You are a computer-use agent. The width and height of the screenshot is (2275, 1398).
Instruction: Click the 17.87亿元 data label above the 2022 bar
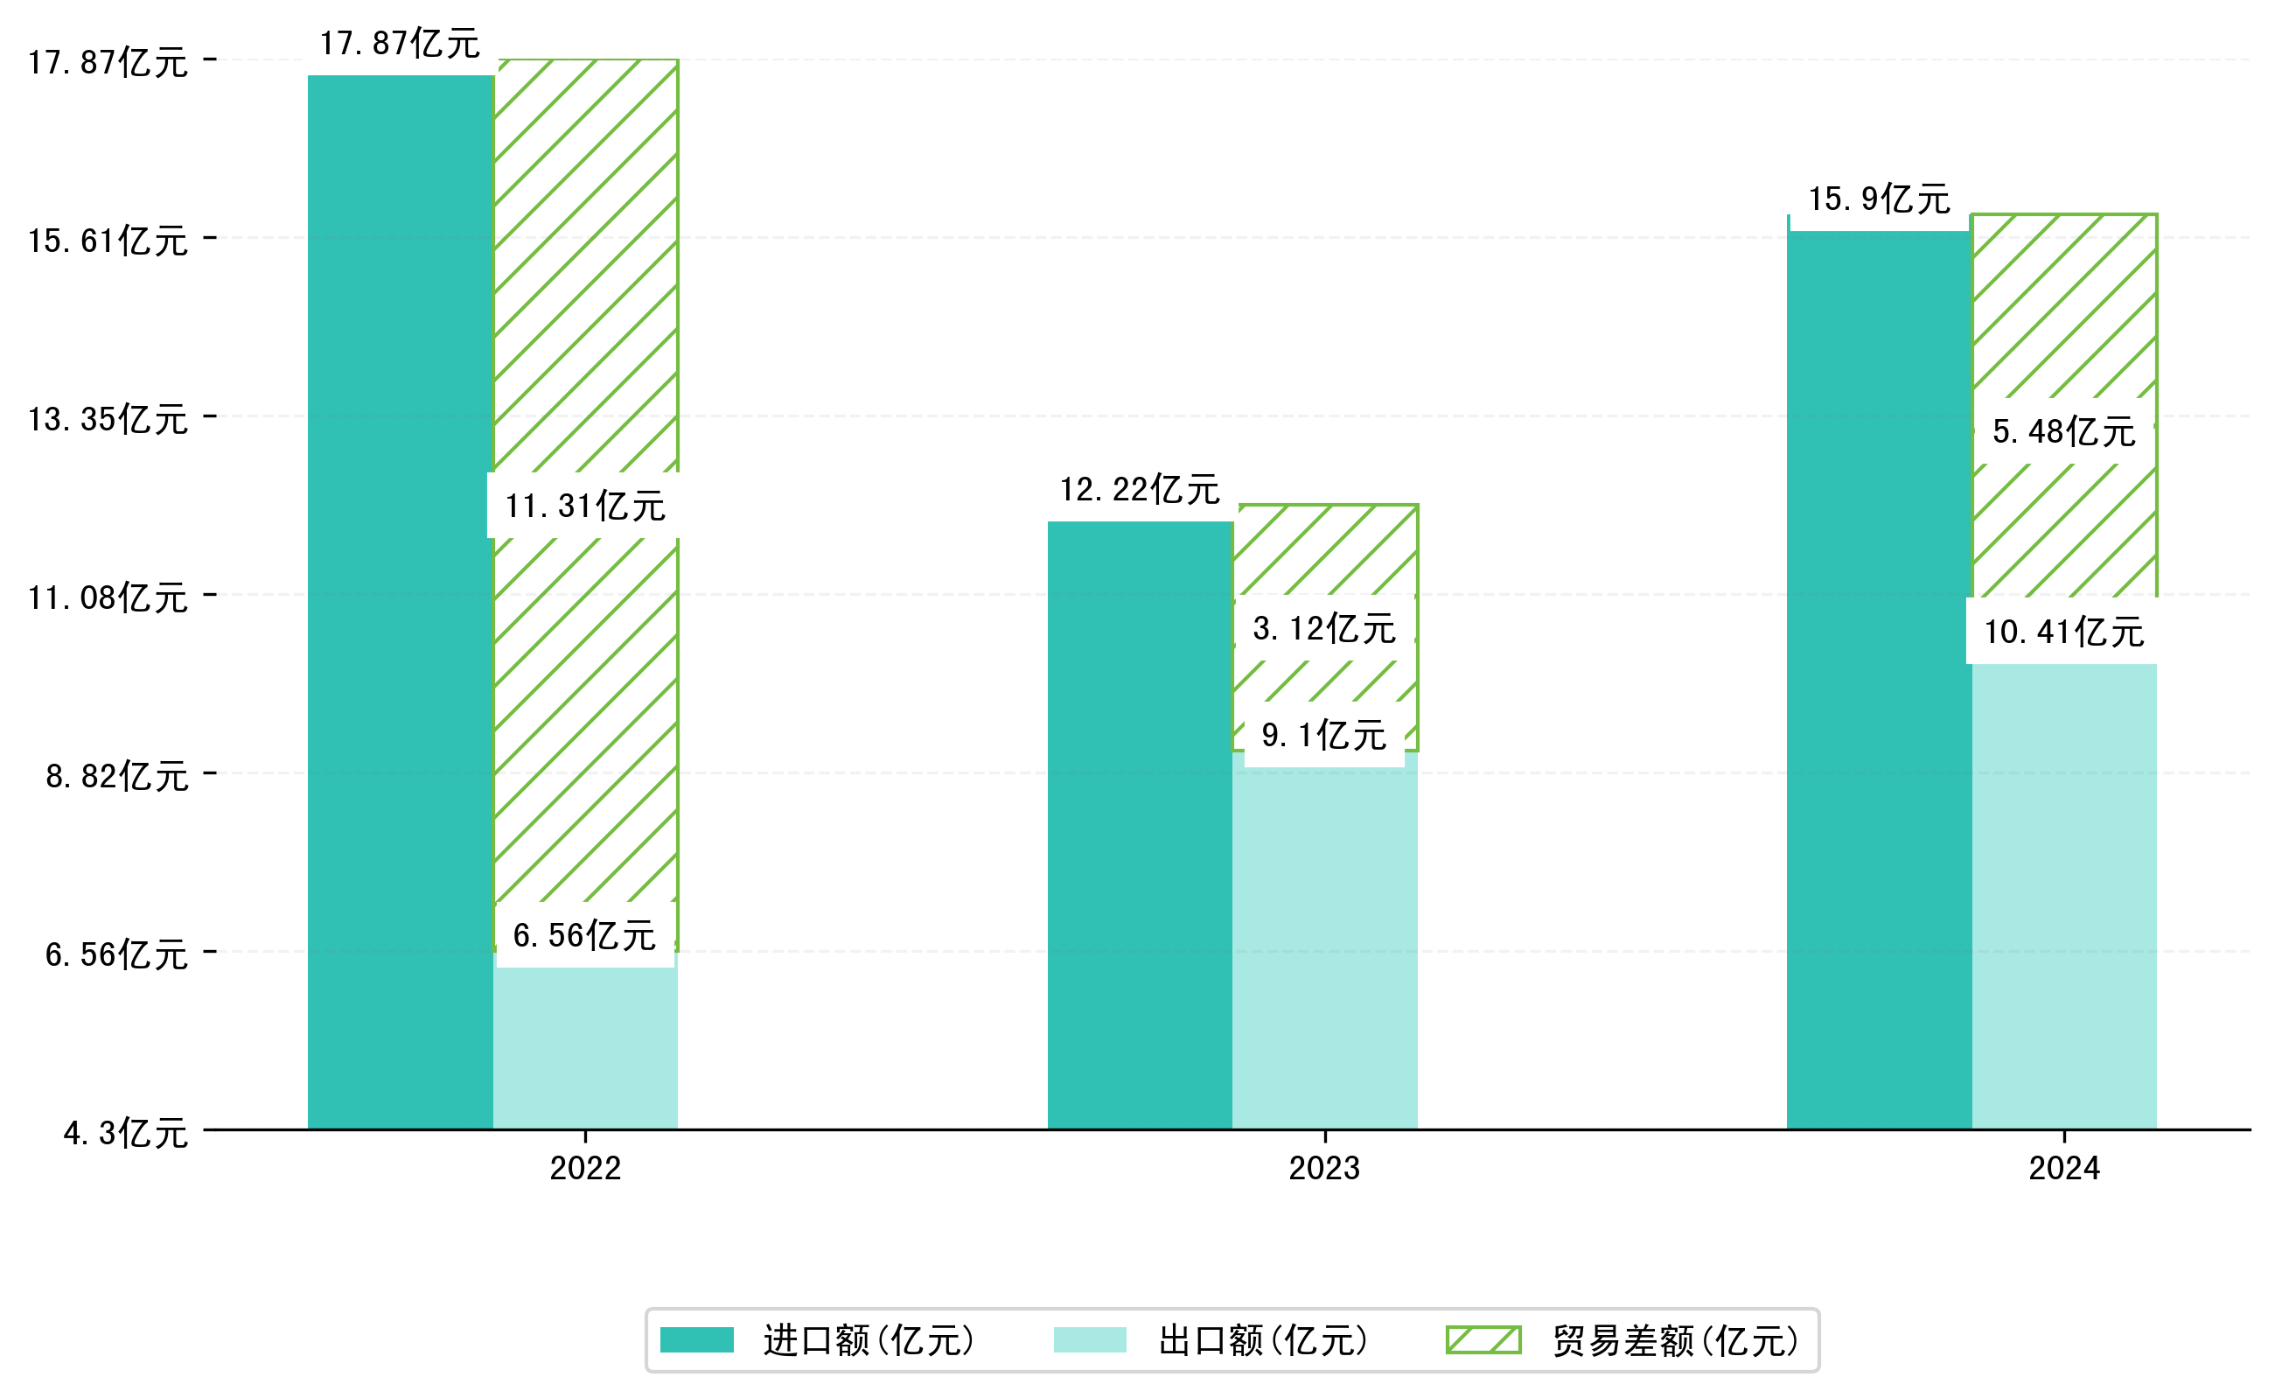tap(400, 44)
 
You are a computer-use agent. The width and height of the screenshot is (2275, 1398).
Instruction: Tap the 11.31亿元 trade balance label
tap(584, 506)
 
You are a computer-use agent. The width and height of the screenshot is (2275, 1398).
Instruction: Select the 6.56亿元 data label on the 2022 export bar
tap(584, 935)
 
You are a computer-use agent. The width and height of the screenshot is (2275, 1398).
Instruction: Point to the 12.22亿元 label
tap(1139, 489)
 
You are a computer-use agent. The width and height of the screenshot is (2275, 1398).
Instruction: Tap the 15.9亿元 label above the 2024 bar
tap(1879, 199)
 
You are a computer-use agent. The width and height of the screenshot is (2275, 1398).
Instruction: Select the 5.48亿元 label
tap(2063, 431)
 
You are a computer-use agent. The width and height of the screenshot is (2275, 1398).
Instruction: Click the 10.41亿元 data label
tap(2063, 632)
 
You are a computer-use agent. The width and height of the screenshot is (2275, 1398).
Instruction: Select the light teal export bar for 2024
tap(2063, 897)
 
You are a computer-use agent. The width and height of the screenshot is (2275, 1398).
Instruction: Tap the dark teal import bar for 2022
tap(400, 601)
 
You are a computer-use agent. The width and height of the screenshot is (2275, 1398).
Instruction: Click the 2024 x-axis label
tap(2063, 1169)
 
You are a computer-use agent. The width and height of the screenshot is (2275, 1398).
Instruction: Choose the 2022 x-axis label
tap(584, 1169)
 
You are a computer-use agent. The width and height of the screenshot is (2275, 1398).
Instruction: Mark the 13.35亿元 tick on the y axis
tap(108, 420)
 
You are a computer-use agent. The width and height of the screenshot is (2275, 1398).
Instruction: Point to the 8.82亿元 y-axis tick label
tap(117, 777)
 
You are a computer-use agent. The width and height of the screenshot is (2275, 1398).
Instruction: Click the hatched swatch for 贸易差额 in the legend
tap(1483, 1339)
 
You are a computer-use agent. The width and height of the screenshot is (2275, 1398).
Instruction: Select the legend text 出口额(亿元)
tap(1263, 1340)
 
